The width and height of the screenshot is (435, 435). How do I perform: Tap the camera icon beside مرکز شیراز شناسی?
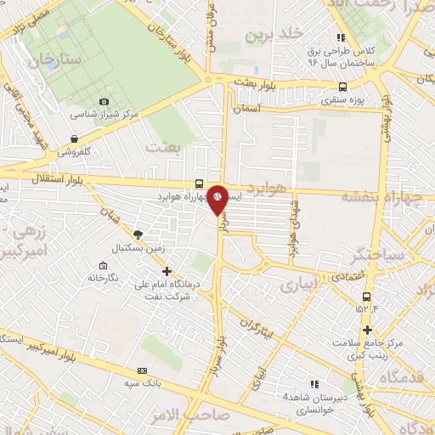coord(105,101)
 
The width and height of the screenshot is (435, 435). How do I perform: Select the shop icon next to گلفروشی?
coord(76,138)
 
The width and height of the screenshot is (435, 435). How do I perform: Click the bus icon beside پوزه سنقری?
coord(343,87)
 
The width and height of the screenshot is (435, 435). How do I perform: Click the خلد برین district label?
coord(274,34)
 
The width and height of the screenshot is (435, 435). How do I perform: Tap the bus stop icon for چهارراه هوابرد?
coord(199,184)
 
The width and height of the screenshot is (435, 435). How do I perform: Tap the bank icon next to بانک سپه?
coord(142,370)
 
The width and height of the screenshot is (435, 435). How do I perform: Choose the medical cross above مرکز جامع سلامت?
coord(367,330)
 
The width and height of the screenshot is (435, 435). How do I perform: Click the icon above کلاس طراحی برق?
coord(342,37)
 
